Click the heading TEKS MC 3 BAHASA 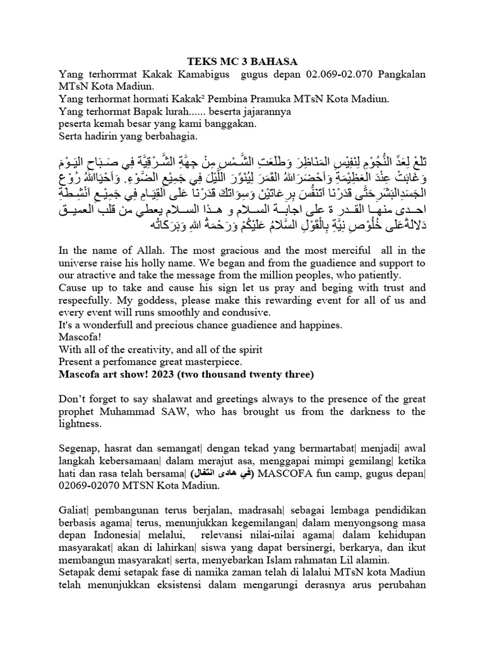pos(242,61)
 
